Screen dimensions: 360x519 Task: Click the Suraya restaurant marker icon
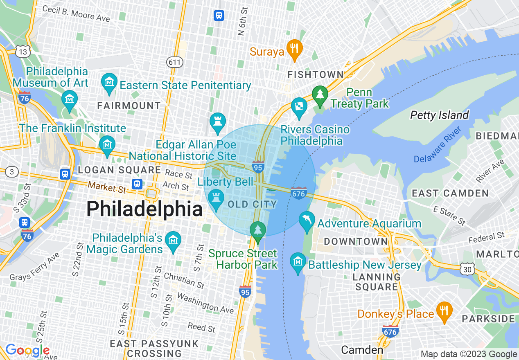point(294,49)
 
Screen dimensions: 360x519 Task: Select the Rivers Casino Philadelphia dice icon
point(299,106)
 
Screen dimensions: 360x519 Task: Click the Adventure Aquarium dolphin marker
point(307,221)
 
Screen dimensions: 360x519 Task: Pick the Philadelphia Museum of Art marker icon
point(70,99)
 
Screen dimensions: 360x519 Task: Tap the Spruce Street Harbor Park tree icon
point(258,230)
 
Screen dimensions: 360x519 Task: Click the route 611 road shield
point(175,62)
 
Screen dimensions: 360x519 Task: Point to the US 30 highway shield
point(469,269)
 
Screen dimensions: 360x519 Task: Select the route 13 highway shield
point(23,52)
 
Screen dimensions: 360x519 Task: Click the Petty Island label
point(439,115)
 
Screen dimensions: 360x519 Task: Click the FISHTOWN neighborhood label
point(316,74)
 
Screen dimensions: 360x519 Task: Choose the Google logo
point(27,350)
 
